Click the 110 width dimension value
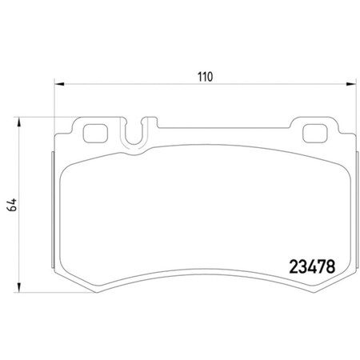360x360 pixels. [205, 78]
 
